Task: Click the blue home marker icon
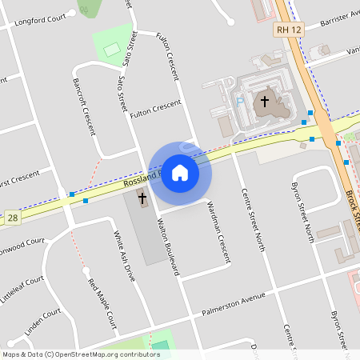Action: pyautogui.click(x=180, y=173)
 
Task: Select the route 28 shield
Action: pyautogui.click(x=13, y=217)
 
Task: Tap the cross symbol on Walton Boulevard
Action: pyautogui.click(x=143, y=198)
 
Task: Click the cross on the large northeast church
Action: pyautogui.click(x=264, y=102)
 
